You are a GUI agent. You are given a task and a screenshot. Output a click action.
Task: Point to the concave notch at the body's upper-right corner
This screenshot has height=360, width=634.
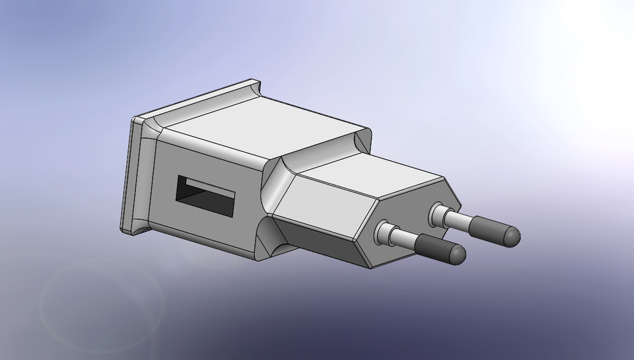[x=363, y=141]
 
